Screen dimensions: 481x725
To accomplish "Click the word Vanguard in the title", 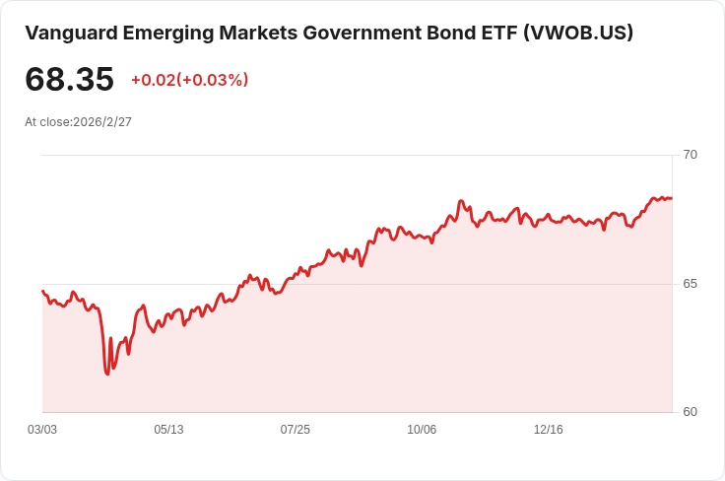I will click(70, 33).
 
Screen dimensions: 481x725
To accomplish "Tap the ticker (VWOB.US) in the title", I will click(578, 33).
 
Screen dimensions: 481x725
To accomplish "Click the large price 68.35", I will click(69, 79).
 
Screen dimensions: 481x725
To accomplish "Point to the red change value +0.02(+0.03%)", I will click(189, 80).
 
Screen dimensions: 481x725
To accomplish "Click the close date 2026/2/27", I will click(102, 122).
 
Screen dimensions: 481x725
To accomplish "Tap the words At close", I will click(46, 122).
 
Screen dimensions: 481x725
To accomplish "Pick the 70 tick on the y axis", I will click(691, 155).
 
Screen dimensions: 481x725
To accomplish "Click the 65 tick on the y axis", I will click(691, 284).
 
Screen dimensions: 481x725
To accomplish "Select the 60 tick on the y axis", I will click(691, 412).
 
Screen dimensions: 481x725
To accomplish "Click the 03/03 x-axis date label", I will click(42, 430).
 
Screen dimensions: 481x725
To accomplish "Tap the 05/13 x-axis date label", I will click(168, 430).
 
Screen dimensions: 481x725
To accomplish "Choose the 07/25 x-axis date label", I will click(295, 430).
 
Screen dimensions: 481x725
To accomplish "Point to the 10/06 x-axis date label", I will click(422, 430).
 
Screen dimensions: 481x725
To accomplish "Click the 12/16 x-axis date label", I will click(548, 430).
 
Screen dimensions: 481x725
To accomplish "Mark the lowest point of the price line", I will click(107, 374).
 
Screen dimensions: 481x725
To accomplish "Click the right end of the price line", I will click(671, 198).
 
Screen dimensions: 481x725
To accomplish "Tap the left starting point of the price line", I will click(42, 291).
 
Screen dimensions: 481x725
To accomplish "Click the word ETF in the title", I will click(498, 33).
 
